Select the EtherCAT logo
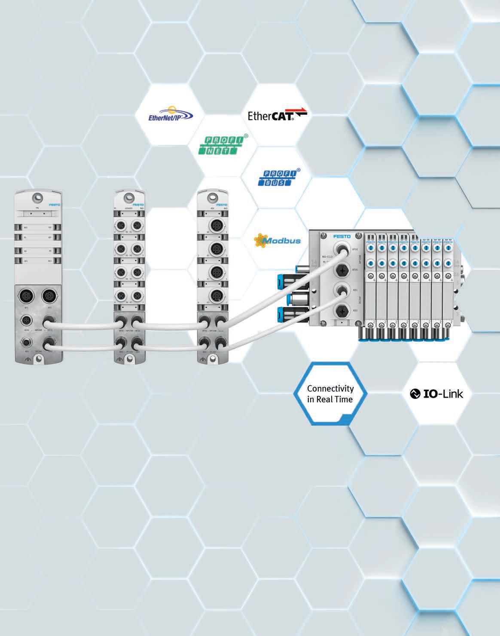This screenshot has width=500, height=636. click(x=277, y=115)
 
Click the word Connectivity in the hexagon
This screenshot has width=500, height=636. click(x=330, y=388)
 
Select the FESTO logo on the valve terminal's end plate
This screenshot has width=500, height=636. click(x=341, y=237)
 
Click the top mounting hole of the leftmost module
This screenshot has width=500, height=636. click(x=39, y=197)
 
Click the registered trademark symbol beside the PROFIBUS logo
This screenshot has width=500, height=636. click(x=298, y=170)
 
